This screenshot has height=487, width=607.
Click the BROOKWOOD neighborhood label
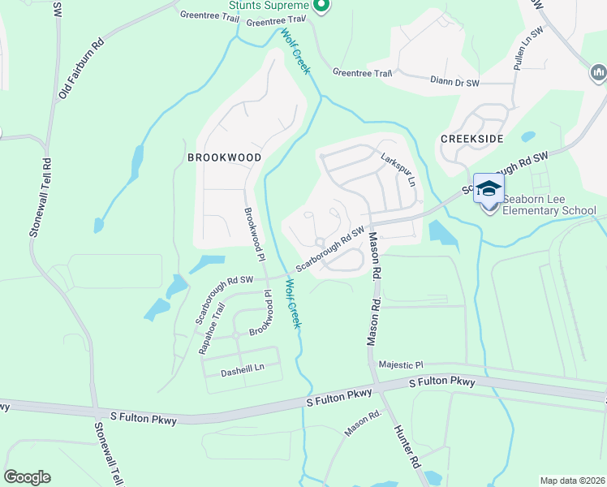pyautogui.click(x=224, y=157)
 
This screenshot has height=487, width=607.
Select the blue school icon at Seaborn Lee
pyautogui.click(x=489, y=189)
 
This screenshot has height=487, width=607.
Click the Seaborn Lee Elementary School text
pyautogui.click(x=549, y=205)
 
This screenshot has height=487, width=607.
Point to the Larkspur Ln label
pyautogui.click(x=398, y=168)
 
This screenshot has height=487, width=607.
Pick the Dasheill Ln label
pyautogui.click(x=243, y=368)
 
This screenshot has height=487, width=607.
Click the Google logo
pyautogui.click(x=27, y=477)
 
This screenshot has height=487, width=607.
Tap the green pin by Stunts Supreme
pyautogui.click(x=321, y=6)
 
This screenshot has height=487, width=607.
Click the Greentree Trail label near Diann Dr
pyautogui.click(x=362, y=73)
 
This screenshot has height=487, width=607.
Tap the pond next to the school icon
pyautogui.click(x=441, y=232)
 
